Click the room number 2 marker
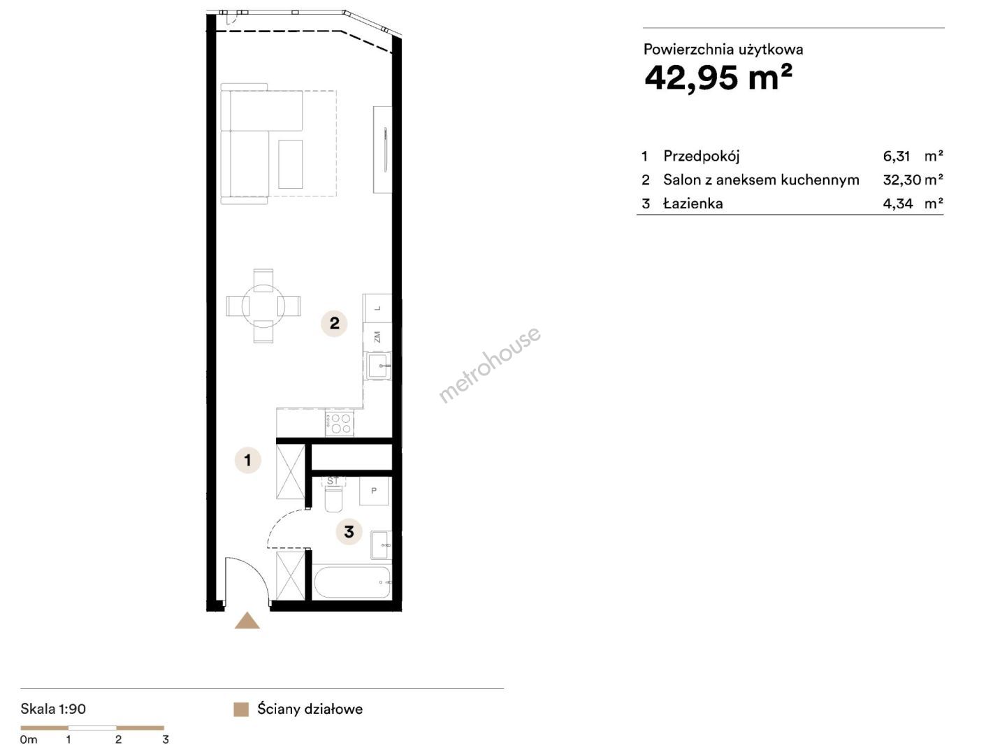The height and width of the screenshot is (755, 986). (x=334, y=323)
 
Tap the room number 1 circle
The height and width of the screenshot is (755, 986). (x=247, y=460)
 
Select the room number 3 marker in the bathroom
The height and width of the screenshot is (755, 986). (x=349, y=531)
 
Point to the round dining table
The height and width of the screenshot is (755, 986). (x=263, y=305)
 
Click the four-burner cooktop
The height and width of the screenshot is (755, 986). (x=340, y=423)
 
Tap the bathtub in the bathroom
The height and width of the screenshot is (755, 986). (x=351, y=582)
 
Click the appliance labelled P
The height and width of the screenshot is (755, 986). (x=373, y=491)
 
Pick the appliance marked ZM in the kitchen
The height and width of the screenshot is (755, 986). (x=377, y=337)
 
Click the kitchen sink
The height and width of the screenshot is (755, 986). (x=378, y=366)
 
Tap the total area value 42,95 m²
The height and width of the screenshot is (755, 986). (x=718, y=78)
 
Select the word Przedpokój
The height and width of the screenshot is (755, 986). (x=701, y=157)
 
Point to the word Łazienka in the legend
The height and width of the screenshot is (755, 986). (x=693, y=203)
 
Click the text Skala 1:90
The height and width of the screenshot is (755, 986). (x=53, y=709)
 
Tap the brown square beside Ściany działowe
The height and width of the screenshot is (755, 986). (x=241, y=709)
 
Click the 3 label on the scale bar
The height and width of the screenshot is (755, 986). (x=166, y=740)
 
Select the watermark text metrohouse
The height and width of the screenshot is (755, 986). (x=490, y=364)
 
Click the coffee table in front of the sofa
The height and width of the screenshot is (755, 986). (x=290, y=164)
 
